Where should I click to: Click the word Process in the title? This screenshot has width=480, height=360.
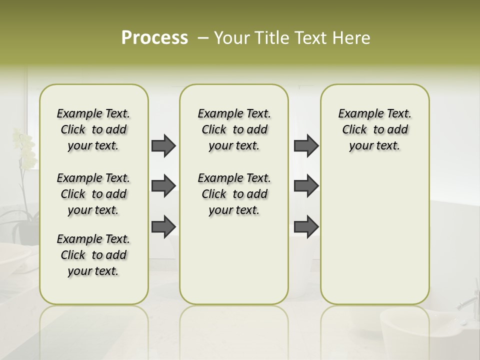tap(154, 38)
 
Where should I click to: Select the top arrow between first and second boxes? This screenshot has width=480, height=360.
tap(163, 146)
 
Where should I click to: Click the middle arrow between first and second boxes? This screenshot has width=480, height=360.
tap(163, 186)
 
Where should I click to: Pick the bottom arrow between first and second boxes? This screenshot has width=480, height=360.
tap(163, 226)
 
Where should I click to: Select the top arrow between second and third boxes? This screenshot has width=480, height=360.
tap(306, 146)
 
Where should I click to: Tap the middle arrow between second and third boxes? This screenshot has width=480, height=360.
tap(306, 186)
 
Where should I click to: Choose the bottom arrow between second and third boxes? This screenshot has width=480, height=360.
tap(306, 226)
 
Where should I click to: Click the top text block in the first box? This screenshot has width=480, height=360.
tap(93, 130)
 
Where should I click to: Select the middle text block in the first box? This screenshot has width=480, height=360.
tap(93, 194)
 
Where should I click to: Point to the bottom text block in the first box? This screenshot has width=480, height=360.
tap(93, 255)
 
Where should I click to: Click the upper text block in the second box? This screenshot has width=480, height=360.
tap(234, 130)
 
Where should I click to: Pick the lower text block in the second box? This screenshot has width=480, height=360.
tap(234, 194)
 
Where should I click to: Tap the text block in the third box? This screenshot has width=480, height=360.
tap(374, 130)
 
